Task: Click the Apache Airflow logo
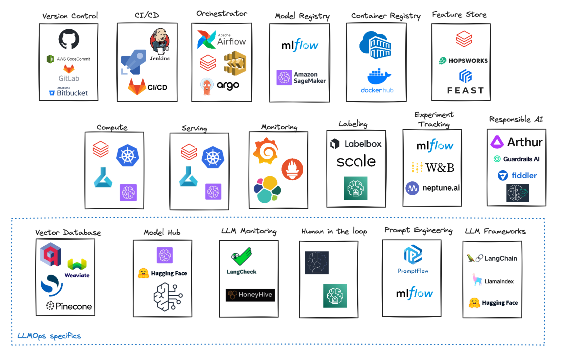tap(222, 40)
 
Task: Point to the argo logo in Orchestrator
tap(220, 85)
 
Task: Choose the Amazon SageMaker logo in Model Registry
tap(301, 78)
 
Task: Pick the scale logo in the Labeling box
tap(356, 161)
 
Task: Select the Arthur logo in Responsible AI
tap(516, 142)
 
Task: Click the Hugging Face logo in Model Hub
tap(162, 273)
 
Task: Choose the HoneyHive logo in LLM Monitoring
tap(250, 295)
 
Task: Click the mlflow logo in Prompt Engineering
tap(414, 294)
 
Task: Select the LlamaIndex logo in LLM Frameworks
tap(493, 281)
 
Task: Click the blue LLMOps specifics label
tap(49, 336)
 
